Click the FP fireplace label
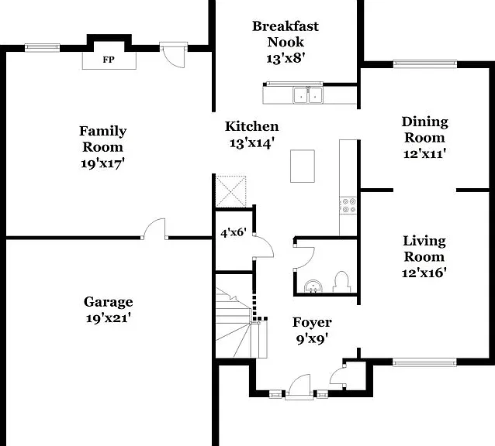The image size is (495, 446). pyautogui.click(x=109, y=60)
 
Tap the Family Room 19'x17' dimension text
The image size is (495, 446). pyautogui.click(x=102, y=164)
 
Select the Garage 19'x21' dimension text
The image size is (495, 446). pyautogui.click(x=109, y=318)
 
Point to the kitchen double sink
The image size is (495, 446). pyautogui.click(x=308, y=95)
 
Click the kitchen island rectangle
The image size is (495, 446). pyautogui.click(x=303, y=166)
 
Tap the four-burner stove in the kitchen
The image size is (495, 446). pyautogui.click(x=348, y=205)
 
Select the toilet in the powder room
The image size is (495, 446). pyautogui.click(x=341, y=282)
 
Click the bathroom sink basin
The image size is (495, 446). pyautogui.click(x=313, y=286)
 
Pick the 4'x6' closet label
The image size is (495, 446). pyautogui.click(x=234, y=233)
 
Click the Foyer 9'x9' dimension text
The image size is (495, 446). pyautogui.click(x=312, y=339)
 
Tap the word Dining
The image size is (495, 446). pyautogui.click(x=424, y=122)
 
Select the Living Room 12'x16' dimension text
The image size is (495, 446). pyautogui.click(x=424, y=273)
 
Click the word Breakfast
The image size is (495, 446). pyautogui.click(x=286, y=26)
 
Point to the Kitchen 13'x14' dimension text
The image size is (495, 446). pyautogui.click(x=251, y=143)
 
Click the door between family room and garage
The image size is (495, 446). pyautogui.click(x=154, y=229)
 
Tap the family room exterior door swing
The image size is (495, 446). pyautogui.click(x=173, y=56)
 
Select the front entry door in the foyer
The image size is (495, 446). pyautogui.click(x=299, y=387)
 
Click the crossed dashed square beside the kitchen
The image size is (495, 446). pyautogui.click(x=230, y=191)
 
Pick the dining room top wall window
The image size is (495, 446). pyautogui.click(x=425, y=64)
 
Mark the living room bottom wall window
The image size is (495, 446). pyautogui.click(x=424, y=362)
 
